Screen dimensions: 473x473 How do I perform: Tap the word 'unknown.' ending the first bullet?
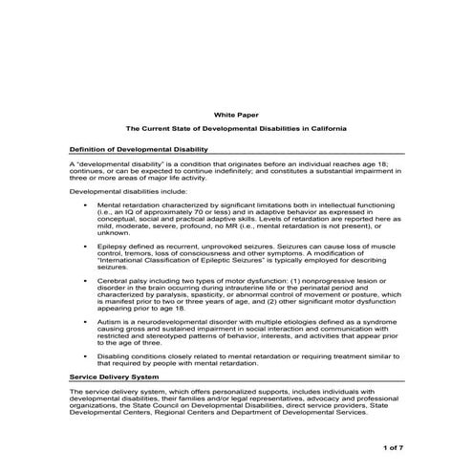click(113, 232)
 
